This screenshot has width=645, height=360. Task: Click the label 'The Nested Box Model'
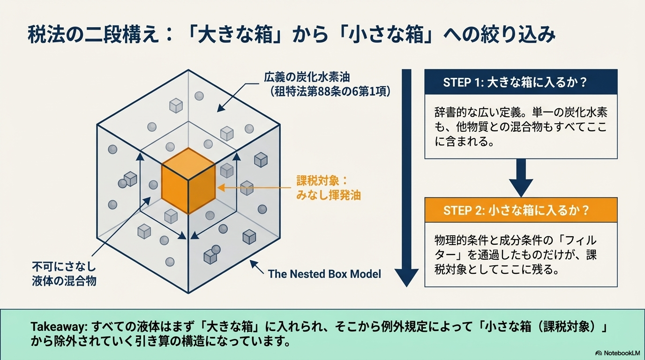pyautogui.click(x=324, y=274)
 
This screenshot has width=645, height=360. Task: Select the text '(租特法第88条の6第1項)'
pyautogui.click(x=329, y=91)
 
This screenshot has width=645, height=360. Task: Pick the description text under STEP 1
pyautogui.click(x=521, y=127)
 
